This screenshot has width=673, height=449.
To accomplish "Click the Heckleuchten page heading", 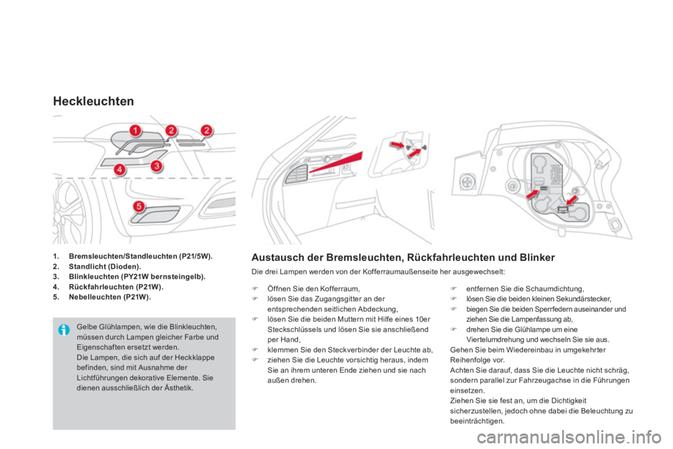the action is click(x=93, y=102).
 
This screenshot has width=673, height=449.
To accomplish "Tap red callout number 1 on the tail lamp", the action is click(x=135, y=130).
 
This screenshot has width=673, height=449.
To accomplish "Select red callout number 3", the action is click(x=157, y=166).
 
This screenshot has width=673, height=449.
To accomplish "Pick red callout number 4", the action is click(x=119, y=169).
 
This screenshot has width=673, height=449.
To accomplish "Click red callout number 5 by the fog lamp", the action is click(x=139, y=206).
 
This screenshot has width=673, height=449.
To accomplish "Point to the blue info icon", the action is click(x=64, y=330).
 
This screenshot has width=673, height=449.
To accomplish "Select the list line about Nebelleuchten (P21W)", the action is click(x=102, y=297).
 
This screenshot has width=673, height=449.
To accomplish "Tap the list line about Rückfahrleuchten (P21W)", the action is click(x=108, y=287).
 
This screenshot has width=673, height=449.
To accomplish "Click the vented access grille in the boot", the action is click(x=296, y=173).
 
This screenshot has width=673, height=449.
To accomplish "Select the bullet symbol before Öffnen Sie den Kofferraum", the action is click(x=254, y=289).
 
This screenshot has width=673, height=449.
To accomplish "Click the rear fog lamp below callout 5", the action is click(x=155, y=215).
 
